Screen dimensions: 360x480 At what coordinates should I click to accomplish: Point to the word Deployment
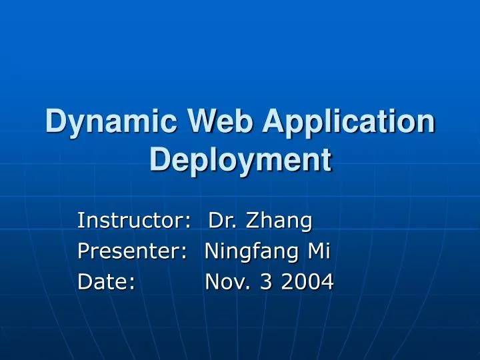pyautogui.click(x=240, y=160)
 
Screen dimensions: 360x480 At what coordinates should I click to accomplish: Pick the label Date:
pyautogui.click(x=107, y=283)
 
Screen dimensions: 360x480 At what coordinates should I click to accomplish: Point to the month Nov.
pyautogui.click(x=227, y=283)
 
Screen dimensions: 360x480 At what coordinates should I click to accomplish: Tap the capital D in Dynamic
pyautogui.click(x=55, y=125)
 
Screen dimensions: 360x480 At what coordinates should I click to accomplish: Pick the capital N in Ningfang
pyautogui.click(x=211, y=251)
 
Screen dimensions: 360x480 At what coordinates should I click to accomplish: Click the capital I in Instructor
pyautogui.click(x=81, y=219)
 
